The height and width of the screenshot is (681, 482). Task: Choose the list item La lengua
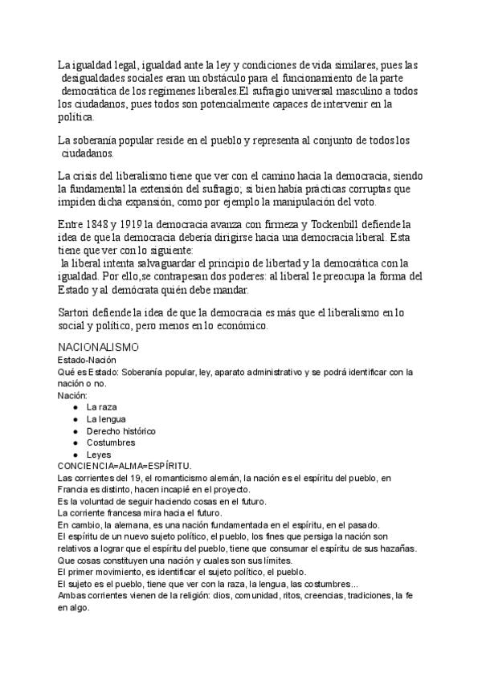pos(106,419)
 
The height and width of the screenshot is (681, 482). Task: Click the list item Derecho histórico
pos(121,430)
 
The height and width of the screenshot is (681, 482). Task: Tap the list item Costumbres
pos(111,442)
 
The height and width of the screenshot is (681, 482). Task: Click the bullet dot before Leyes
pos(75,455)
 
